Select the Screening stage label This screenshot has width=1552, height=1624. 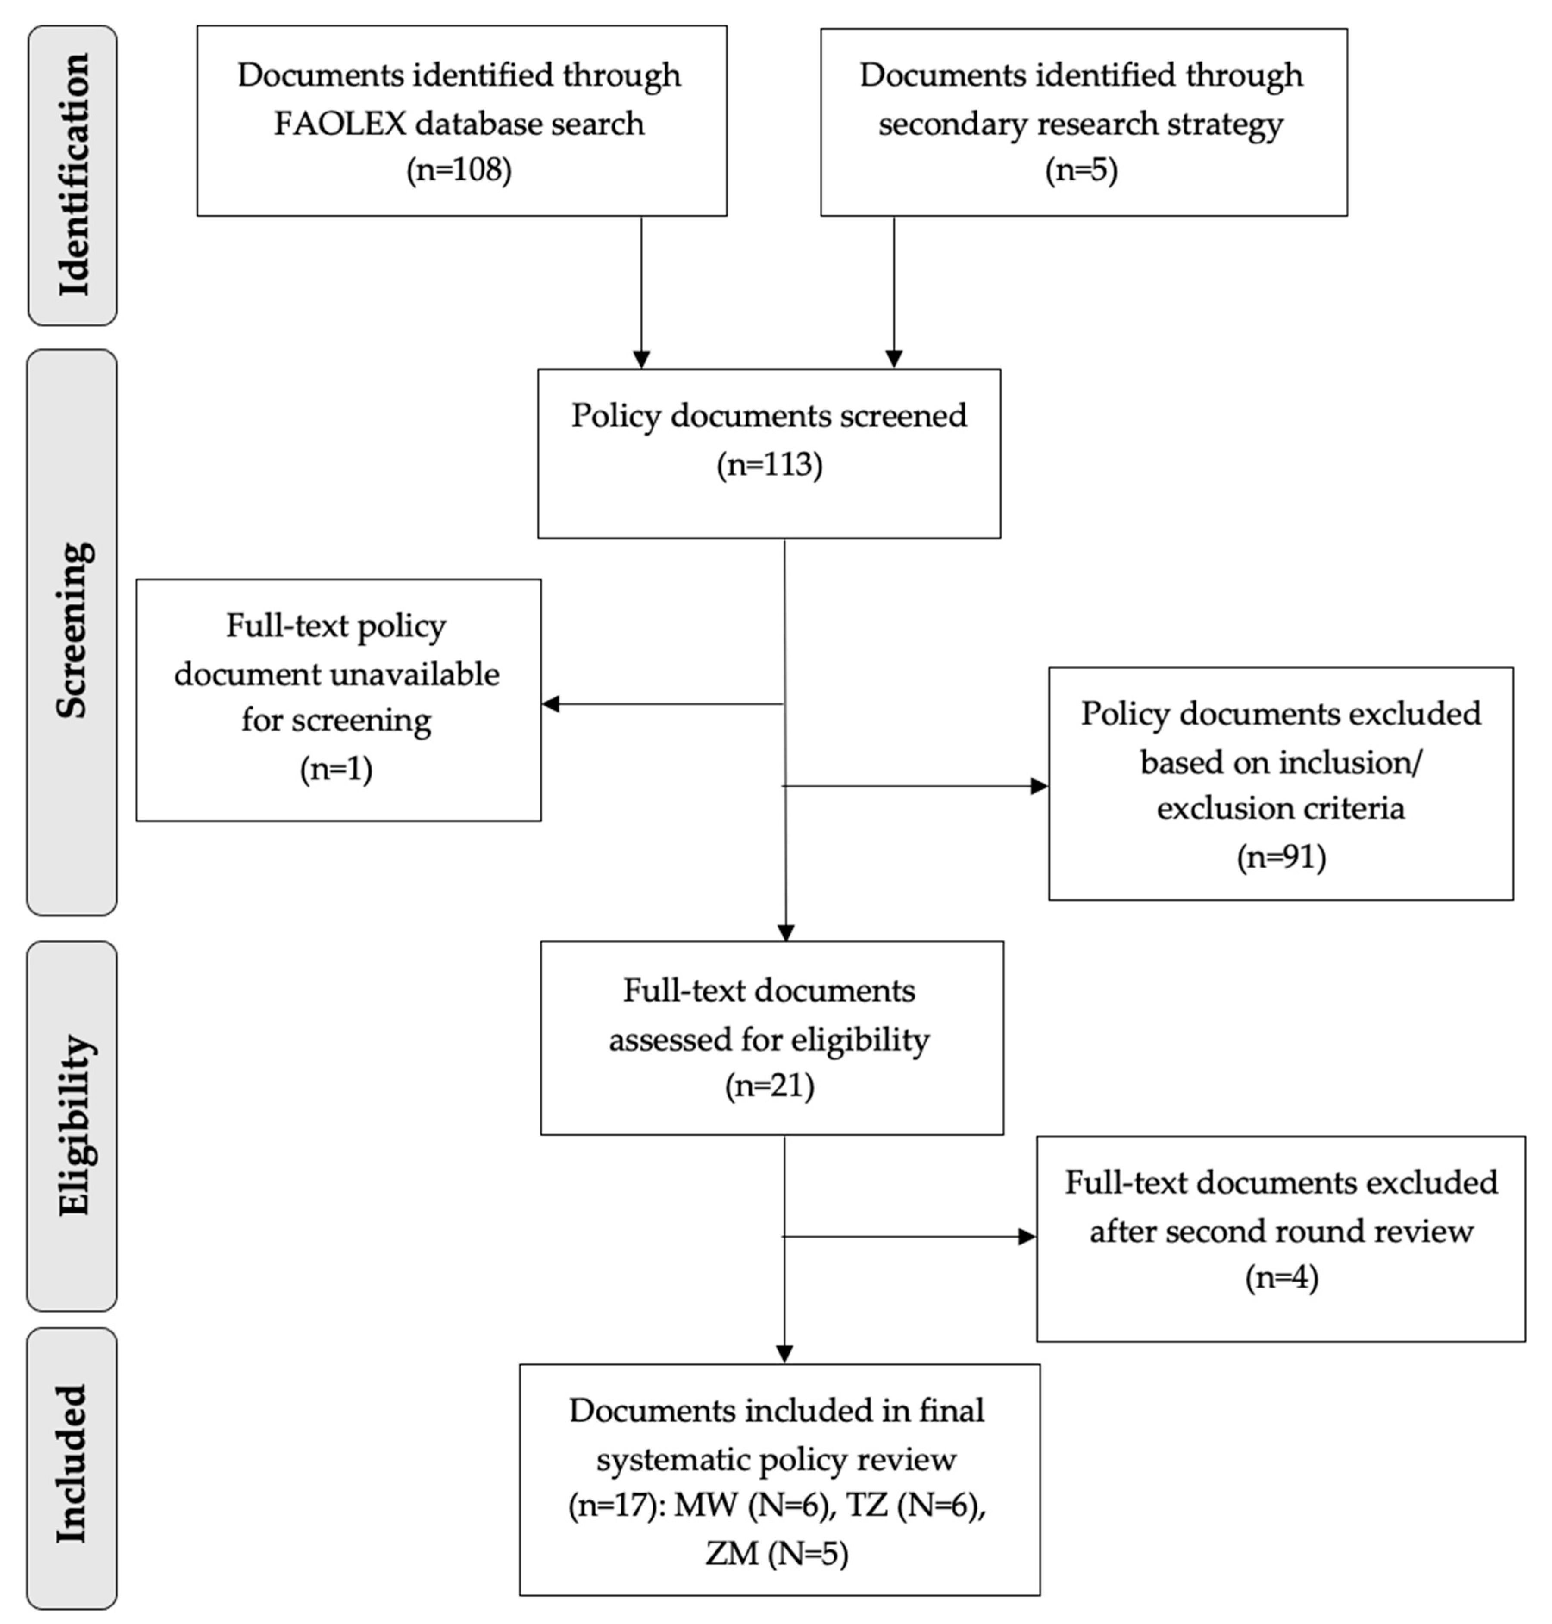pyautogui.click(x=73, y=630)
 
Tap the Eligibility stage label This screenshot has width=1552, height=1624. pyautogui.click(x=73, y=1125)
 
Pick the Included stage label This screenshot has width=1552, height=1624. pyautogui.click(x=73, y=1464)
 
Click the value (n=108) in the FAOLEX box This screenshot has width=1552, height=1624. pyautogui.click(x=459, y=170)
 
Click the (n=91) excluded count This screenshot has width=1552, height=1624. pyautogui.click(x=1280, y=857)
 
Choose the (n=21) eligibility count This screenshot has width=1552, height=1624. pyautogui.click(x=769, y=1085)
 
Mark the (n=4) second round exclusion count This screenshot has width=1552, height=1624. pyautogui.click(x=1280, y=1278)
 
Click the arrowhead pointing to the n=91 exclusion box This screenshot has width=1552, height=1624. pyautogui.click(x=1039, y=786)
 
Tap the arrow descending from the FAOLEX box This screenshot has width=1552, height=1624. pyautogui.click(x=641, y=289)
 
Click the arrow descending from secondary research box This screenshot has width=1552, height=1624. pyautogui.click(x=893, y=289)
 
